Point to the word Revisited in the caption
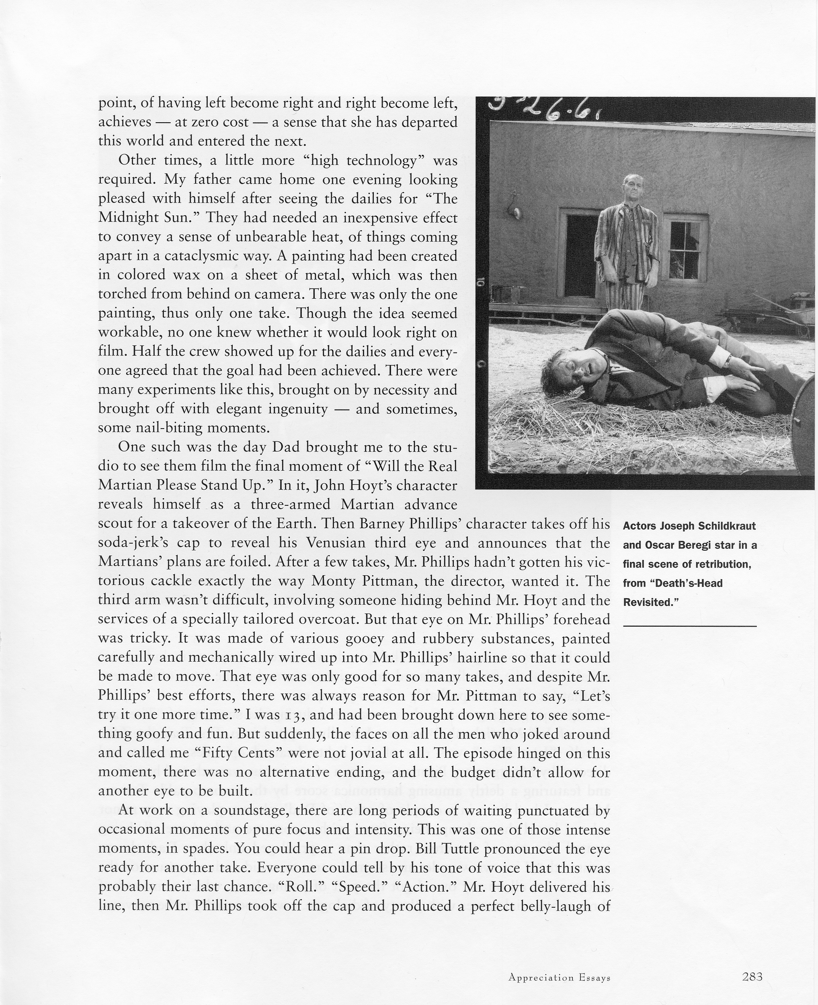click(648, 602)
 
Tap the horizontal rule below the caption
click(689, 626)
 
